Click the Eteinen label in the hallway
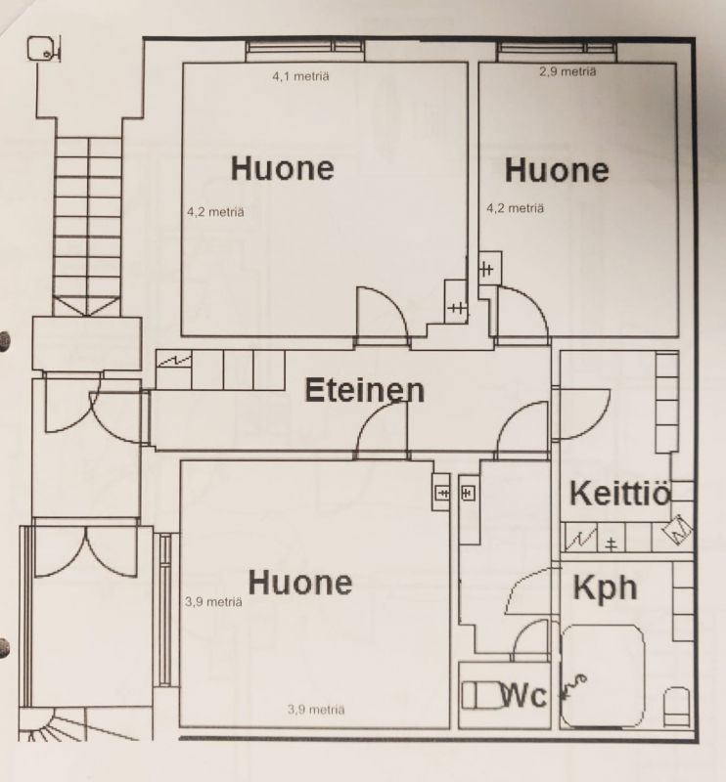pyautogui.click(x=365, y=390)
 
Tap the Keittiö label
pyautogui.click(x=620, y=494)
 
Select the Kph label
pyautogui.click(x=606, y=588)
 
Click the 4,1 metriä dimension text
pyautogui.click(x=300, y=76)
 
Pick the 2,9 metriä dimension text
pyautogui.click(x=567, y=71)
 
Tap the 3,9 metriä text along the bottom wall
pyautogui.click(x=316, y=710)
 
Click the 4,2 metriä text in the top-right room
pyautogui.click(x=516, y=208)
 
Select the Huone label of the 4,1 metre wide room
pyautogui.click(x=282, y=168)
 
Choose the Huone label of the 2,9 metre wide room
pyautogui.click(x=557, y=170)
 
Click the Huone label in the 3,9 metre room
pyautogui.click(x=300, y=582)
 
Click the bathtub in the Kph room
pyautogui.click(x=603, y=676)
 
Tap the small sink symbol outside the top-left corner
pyautogui.click(x=43, y=49)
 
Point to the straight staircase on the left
pyautogui.click(x=88, y=227)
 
